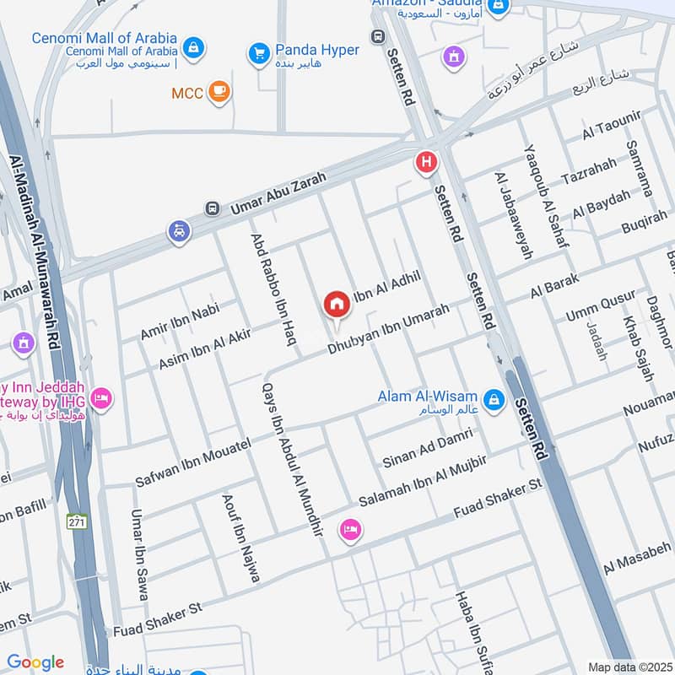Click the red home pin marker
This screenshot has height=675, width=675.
(337, 305)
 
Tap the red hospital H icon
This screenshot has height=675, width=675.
(426, 161)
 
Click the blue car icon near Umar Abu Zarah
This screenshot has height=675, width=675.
(179, 230)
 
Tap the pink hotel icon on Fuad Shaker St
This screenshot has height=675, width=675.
(348, 530)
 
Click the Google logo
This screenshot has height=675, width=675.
(35, 662)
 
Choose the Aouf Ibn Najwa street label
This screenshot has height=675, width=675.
(240, 537)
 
